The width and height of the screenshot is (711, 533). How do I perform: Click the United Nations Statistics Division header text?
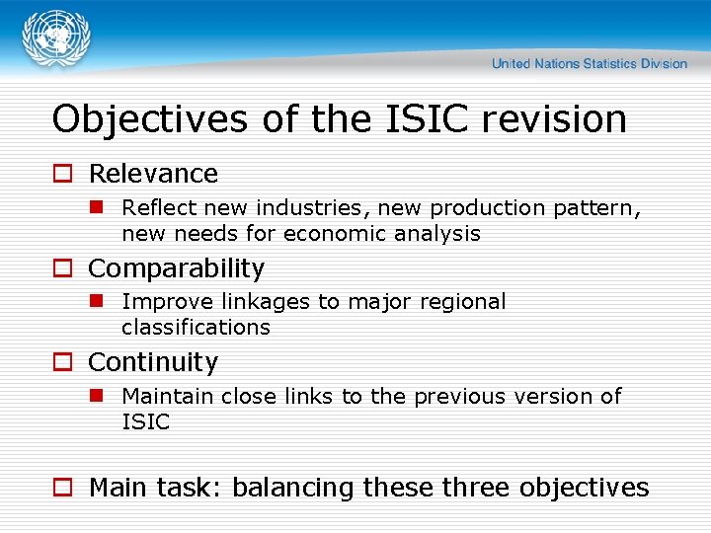pos(589,63)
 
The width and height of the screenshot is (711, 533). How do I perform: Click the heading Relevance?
pos(153,174)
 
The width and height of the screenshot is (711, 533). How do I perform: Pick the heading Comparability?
pos(177,268)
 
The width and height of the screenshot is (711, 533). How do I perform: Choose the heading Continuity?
pos(153,363)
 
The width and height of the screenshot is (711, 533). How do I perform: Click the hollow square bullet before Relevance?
pos(62,175)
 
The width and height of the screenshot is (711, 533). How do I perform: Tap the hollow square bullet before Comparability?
pos(62,269)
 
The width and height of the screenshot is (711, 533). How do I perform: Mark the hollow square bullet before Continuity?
pos(62,364)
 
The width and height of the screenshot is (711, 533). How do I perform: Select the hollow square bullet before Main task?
pos(62,489)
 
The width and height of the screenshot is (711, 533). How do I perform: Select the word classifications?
pos(196,327)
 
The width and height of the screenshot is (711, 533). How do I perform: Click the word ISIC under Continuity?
pos(145,421)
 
